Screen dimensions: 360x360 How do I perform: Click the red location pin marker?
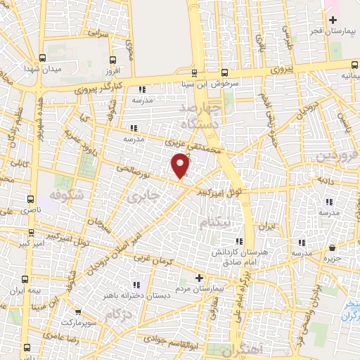tap(181, 166)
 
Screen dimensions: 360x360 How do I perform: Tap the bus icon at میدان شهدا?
tap(43, 58)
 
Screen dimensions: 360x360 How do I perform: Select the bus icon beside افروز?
tap(113, 59)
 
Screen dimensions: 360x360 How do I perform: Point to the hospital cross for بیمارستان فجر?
tap(333, 20)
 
